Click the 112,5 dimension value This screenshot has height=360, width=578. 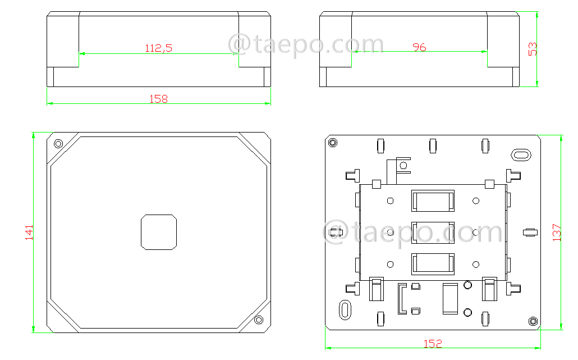[158, 48]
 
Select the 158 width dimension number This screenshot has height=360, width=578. [158, 99]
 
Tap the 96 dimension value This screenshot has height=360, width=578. [419, 47]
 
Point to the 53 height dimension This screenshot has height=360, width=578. [533, 49]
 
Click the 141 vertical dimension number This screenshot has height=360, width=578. [29, 233]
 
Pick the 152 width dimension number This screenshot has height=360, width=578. [433, 344]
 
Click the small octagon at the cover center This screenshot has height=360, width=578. [159, 232]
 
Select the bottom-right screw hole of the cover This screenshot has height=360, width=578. [259, 320]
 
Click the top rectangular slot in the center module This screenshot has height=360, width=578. [433, 200]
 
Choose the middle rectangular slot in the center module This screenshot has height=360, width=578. [433, 232]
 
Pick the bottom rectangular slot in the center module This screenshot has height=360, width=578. [433, 263]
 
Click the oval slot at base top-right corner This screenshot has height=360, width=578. [520, 154]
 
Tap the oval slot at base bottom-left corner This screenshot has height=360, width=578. [345, 309]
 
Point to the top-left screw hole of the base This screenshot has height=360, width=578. [333, 143]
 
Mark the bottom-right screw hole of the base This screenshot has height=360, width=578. [533, 321]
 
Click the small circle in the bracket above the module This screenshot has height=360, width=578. [402, 165]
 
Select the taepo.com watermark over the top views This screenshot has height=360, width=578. [306, 44]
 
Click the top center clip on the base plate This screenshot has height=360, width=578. [432, 145]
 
